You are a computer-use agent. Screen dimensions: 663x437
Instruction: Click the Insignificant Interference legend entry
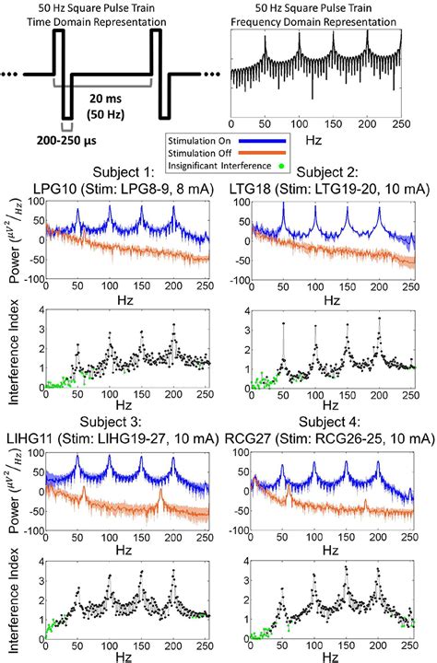(x=214, y=166)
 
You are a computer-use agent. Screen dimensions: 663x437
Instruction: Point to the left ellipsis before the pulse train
(x=12, y=73)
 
